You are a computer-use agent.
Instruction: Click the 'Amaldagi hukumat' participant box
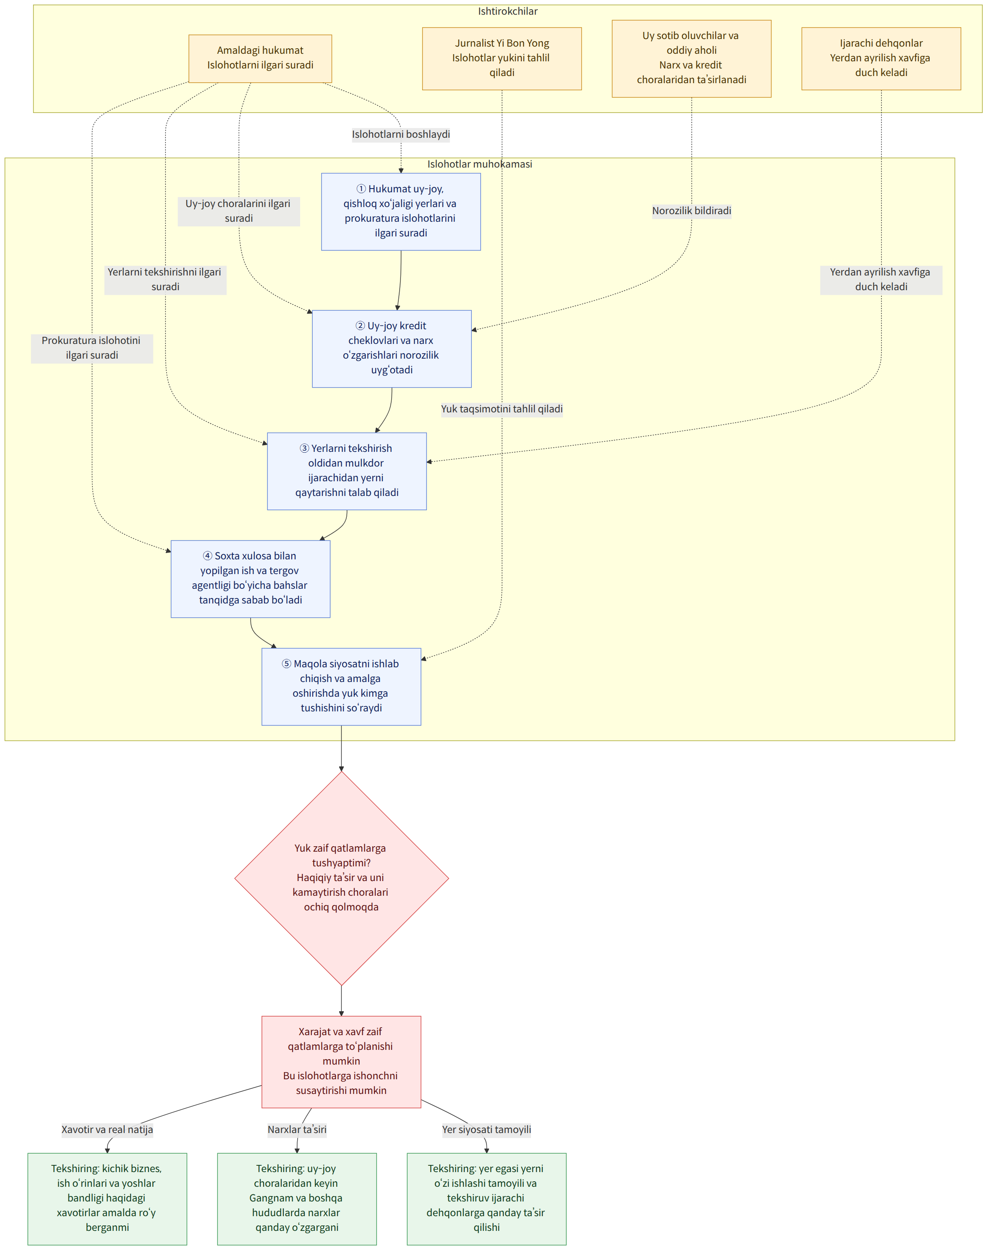point(260,58)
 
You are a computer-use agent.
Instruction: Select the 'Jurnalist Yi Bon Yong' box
point(502,58)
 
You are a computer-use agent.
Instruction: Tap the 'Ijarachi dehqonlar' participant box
point(881,58)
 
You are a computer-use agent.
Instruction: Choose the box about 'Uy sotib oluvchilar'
point(691,58)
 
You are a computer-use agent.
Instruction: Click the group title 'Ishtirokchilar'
point(508,11)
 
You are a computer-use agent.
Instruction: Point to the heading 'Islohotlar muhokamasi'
point(479,164)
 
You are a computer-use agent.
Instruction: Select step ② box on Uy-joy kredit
point(392,349)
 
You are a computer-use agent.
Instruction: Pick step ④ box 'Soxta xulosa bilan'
point(250,579)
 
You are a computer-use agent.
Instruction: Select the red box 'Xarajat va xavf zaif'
point(341,1062)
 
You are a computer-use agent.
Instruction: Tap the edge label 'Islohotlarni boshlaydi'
point(401,134)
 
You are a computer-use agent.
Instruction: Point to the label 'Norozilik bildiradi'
point(691,211)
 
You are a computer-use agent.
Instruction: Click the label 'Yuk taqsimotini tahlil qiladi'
point(502,409)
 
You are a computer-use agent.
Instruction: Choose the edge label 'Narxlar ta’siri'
point(297,1130)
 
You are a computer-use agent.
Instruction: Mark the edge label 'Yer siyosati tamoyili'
point(487,1130)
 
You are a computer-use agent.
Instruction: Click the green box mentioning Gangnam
point(297,1199)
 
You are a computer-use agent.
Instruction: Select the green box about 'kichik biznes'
point(107,1199)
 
